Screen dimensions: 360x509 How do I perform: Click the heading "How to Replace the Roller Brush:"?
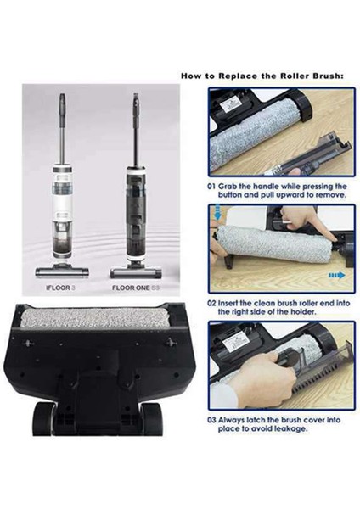click(262, 76)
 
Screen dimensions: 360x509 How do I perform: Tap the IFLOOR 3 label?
click(61, 288)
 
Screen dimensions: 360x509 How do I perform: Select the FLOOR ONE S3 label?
click(137, 288)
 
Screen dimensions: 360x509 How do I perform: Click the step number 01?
click(211, 187)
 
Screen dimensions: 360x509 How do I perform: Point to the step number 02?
click(211, 303)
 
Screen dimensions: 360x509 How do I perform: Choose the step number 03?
click(211, 420)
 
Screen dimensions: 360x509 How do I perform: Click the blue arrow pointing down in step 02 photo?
click(217, 211)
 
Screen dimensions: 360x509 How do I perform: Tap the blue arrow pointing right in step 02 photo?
click(336, 276)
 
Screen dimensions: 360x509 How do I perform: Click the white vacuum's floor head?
click(62, 271)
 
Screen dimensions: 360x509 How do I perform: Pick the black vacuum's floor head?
click(136, 271)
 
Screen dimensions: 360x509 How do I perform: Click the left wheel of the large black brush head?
click(44, 418)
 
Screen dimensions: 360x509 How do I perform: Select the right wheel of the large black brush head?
click(151, 418)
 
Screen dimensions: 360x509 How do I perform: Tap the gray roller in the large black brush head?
click(95, 317)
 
